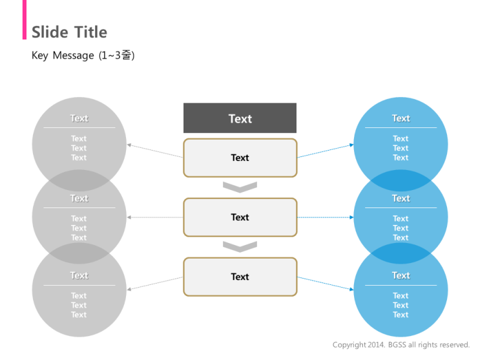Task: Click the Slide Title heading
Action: coord(70,32)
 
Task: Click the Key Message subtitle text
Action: coord(83,56)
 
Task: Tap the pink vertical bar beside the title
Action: coord(25,19)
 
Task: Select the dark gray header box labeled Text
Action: coord(240,118)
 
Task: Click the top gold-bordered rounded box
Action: coord(240,158)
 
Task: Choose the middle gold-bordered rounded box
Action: coord(240,217)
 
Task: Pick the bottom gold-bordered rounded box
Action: coord(240,277)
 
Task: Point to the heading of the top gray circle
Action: coord(79,118)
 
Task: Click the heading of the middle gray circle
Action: coord(79,198)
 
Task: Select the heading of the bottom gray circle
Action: coord(79,275)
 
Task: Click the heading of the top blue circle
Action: coord(401,118)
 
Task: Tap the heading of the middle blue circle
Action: coord(401,198)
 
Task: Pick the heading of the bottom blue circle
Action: coord(401,275)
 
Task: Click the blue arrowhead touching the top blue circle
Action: coord(351,145)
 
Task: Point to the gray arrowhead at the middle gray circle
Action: coord(129,217)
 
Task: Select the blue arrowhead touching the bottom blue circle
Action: coord(351,289)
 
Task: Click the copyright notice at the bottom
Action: coord(401,344)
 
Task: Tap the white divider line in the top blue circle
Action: coord(401,127)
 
